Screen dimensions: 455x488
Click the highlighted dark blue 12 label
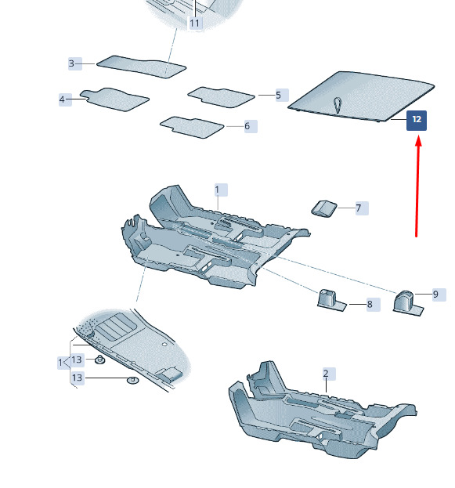417,120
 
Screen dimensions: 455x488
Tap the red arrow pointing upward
417,187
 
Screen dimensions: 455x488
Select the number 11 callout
195,23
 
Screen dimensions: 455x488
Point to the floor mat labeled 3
141,67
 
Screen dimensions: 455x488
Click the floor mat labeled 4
114,99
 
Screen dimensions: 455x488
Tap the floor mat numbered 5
221,97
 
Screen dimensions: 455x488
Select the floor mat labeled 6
192,127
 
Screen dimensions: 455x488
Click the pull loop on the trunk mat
338,105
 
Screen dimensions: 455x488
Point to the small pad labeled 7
324,208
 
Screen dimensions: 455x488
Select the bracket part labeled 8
331,300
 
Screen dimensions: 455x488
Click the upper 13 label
78,360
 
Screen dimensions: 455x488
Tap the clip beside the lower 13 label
133,380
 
